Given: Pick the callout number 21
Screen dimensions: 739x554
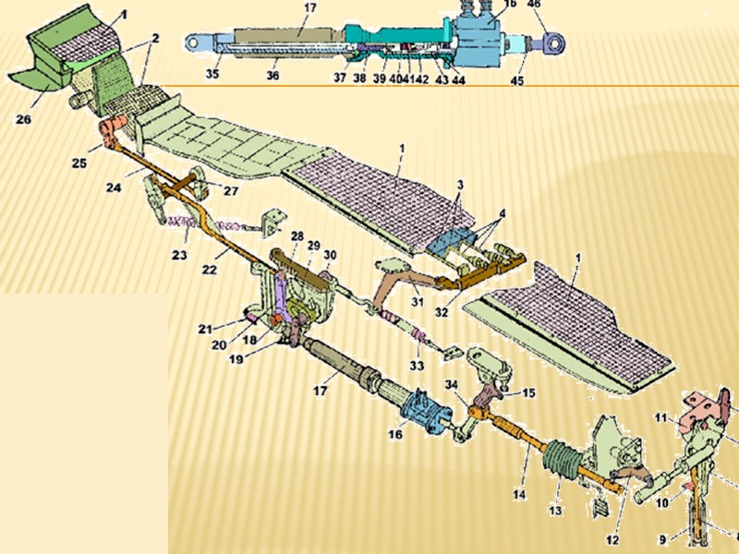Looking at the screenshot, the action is (x=204, y=328).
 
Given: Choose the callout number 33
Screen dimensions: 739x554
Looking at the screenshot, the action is (x=418, y=366).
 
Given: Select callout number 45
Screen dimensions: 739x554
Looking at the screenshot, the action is (x=517, y=79).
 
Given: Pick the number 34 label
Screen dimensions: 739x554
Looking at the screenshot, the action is (x=450, y=384).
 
